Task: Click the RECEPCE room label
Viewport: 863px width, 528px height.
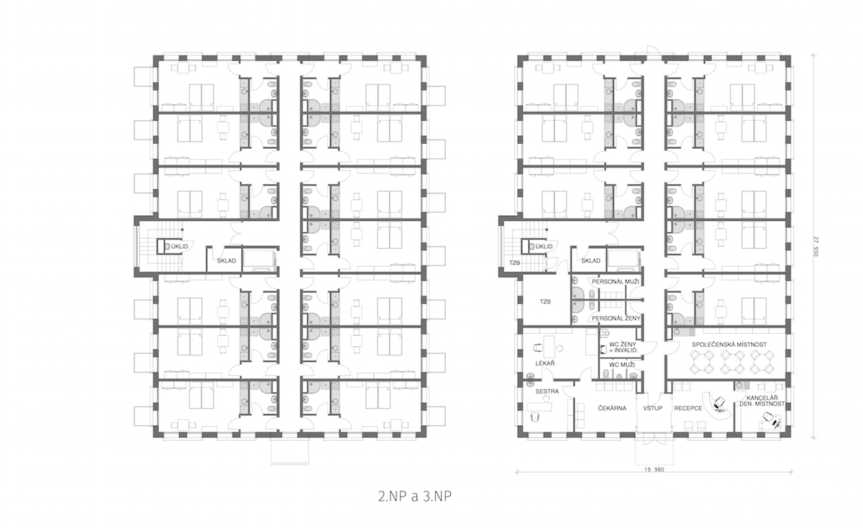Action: tap(688, 408)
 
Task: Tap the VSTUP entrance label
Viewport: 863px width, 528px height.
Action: tap(652, 408)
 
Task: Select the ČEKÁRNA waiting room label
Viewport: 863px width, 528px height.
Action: tap(612, 408)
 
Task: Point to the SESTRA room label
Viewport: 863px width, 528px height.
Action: tap(547, 391)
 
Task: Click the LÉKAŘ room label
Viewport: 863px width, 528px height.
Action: tap(545, 363)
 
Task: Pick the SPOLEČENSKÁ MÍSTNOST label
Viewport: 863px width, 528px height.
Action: tap(729, 345)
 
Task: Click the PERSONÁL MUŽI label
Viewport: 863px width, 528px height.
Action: tap(616, 282)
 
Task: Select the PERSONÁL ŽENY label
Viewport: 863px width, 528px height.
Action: tap(616, 319)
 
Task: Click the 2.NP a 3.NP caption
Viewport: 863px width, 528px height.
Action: tap(414, 496)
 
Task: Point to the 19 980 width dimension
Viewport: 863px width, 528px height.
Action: tap(654, 470)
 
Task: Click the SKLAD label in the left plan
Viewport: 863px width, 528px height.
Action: tap(226, 261)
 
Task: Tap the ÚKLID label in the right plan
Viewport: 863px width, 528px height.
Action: tap(544, 246)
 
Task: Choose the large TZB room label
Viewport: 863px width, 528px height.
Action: tap(545, 302)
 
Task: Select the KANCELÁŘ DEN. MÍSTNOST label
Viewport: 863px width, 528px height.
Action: tap(762, 401)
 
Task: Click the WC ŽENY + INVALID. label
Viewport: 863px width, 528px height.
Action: tap(623, 347)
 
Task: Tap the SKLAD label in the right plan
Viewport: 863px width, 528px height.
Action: tap(590, 261)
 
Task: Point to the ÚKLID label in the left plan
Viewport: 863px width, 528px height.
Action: tap(180, 246)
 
